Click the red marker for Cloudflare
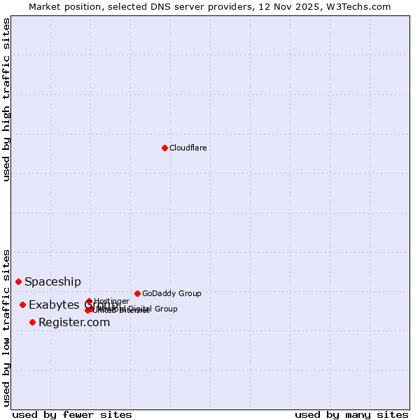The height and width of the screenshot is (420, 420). (164, 148)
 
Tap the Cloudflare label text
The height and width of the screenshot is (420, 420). (188, 148)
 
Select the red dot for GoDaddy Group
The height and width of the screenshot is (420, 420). (137, 293)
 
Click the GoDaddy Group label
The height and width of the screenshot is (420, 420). (171, 293)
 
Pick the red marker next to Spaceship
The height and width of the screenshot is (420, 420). (19, 281)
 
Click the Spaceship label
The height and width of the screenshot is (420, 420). (52, 282)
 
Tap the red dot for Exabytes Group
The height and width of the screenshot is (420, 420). (23, 304)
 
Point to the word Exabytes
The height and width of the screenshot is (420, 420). (52, 305)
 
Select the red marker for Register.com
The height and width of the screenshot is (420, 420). (32, 322)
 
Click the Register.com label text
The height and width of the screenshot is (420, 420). (74, 323)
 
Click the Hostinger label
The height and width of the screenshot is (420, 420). (111, 301)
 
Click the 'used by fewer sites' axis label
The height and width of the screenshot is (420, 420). (72, 414)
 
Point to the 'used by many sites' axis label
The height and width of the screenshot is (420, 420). (351, 414)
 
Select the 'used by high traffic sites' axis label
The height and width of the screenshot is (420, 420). (7, 99)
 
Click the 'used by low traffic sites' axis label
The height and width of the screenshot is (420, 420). (7, 327)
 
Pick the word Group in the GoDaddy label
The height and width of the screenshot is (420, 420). (189, 293)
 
